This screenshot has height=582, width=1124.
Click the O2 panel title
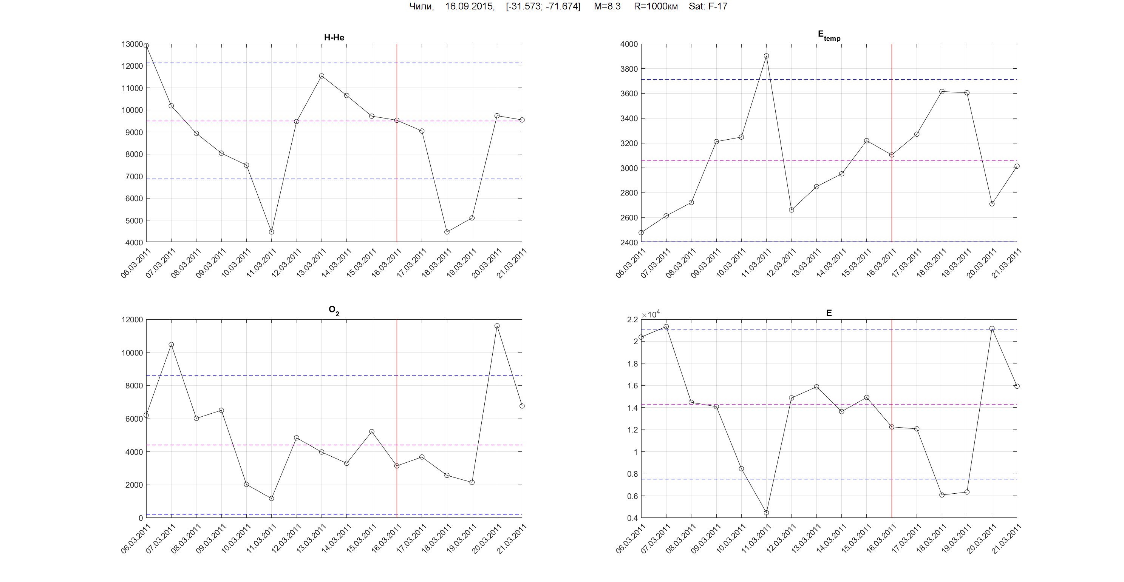(334, 310)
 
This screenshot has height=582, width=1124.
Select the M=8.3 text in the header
(607, 6)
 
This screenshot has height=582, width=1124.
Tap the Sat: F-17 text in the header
(708, 6)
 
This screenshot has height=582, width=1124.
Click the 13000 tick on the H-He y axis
(132, 44)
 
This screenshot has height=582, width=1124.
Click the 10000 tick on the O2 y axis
(132, 353)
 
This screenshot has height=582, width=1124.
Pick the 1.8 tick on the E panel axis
(632, 363)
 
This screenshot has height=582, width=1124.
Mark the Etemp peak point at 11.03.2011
(766, 56)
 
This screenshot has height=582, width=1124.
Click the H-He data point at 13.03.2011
(322, 76)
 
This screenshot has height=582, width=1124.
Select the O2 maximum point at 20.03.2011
(497, 326)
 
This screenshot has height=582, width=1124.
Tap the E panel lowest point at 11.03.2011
(766, 513)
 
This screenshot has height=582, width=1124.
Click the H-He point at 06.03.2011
(146, 45)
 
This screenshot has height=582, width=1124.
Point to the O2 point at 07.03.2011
(171, 344)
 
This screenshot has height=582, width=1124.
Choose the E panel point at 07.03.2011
(666, 326)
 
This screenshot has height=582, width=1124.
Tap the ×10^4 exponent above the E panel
(651, 314)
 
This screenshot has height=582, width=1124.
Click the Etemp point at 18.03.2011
(942, 92)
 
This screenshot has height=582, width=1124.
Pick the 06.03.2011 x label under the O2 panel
(136, 539)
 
